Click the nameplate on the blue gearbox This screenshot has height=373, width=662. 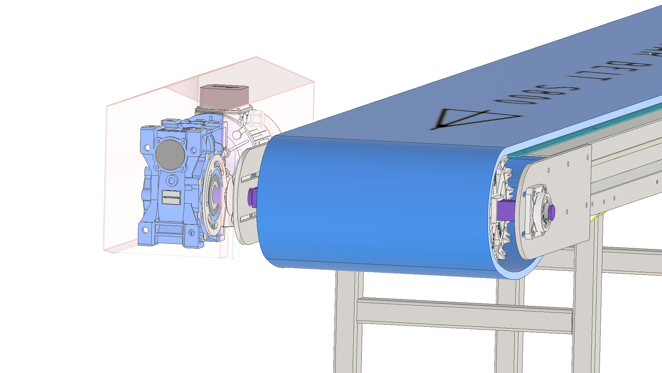coord(171,197)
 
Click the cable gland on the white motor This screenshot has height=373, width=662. coord(257,117)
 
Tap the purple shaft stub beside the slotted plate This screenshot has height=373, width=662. coord(252,197)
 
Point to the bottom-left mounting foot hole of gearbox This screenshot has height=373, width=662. coord(145,230)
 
